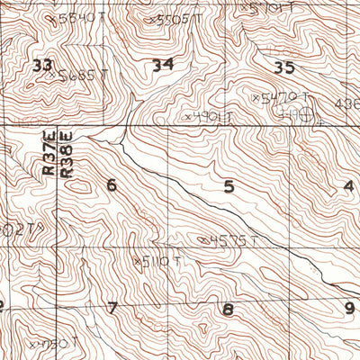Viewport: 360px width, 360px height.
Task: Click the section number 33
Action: point(41,65)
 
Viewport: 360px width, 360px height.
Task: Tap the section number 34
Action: point(163,65)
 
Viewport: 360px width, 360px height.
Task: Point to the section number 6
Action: point(112,185)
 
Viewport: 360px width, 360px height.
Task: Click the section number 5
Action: point(229,186)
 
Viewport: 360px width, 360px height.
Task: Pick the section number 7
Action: point(112,308)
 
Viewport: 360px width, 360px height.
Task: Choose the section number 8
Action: point(228,310)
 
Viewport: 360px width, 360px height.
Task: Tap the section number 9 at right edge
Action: point(350,308)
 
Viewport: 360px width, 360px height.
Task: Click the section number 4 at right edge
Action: point(348,186)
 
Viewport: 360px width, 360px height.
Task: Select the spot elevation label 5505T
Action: point(175,18)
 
